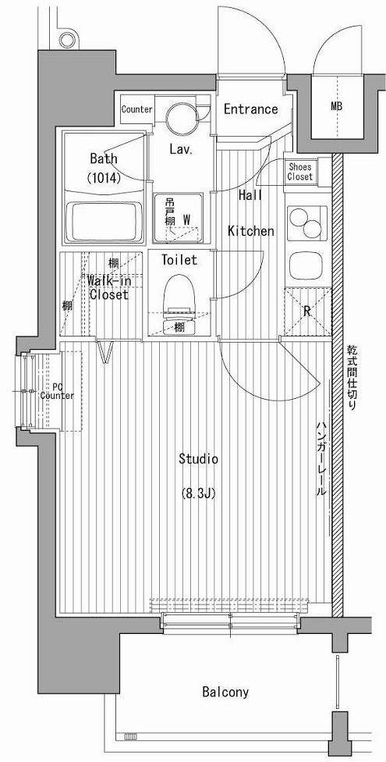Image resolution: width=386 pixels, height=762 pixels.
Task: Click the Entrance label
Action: pos(250,109)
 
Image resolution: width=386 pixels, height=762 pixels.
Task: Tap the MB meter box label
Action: pos(336,106)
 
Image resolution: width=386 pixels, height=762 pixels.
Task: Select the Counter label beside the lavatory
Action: pos(137,109)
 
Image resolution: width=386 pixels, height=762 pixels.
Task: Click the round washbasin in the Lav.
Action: pos(181,118)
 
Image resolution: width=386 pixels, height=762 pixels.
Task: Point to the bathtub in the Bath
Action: pos(104,222)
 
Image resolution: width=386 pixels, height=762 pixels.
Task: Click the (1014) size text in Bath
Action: pos(104,178)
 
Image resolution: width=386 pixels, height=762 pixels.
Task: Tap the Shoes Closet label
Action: pos(299,172)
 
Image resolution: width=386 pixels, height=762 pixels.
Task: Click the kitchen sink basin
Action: pos(306,265)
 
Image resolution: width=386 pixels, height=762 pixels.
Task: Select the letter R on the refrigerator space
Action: pos(307,312)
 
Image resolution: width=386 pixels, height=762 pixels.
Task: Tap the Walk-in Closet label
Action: pos(108,287)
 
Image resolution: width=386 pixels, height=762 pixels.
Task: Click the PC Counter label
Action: pos(57,392)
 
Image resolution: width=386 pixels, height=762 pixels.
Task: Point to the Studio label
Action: pos(198,459)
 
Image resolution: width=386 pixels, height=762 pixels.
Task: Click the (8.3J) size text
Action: pos(198,494)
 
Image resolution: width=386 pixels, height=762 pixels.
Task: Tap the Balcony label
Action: pos(225,692)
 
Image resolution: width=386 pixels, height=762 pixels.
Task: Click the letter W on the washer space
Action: pos(186,220)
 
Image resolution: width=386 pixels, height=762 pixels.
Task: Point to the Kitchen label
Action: pos(251,231)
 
